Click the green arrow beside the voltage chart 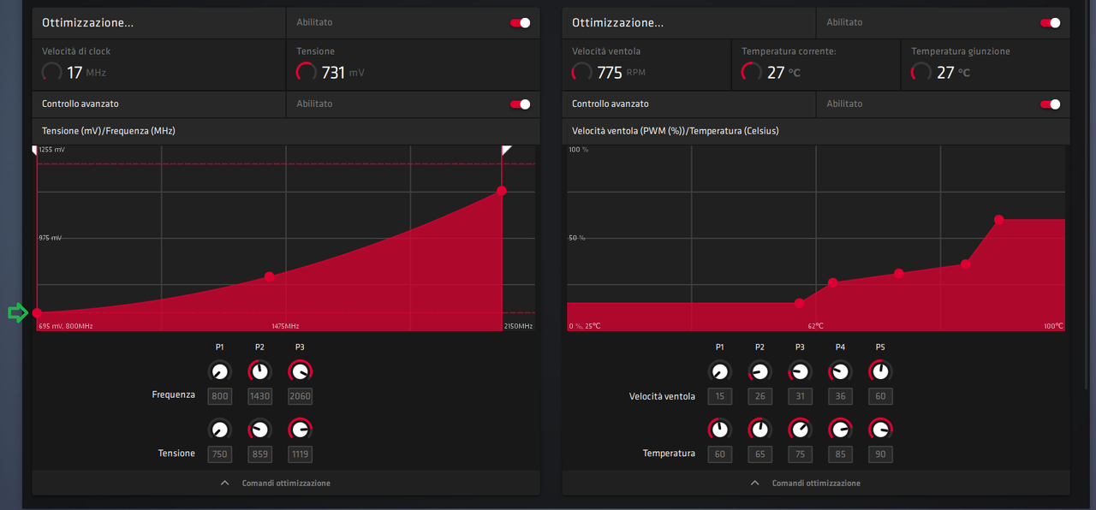(17, 313)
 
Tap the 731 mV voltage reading (333, 73)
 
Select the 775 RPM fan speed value (610, 73)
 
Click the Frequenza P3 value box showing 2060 (300, 396)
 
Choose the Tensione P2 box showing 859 (259, 454)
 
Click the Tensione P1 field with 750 (220, 454)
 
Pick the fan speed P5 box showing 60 (880, 396)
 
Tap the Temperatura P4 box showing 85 (840, 454)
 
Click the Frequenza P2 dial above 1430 (259, 371)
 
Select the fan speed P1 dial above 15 (720, 371)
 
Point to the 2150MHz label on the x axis (517, 326)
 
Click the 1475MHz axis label (285, 326)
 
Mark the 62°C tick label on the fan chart (815, 326)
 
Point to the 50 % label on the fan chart (577, 237)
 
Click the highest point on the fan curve (999, 220)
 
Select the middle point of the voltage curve (270, 276)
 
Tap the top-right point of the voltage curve (502, 191)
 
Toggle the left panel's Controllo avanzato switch (520, 104)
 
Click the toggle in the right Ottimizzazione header (1050, 23)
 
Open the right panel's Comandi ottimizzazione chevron (754, 483)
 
